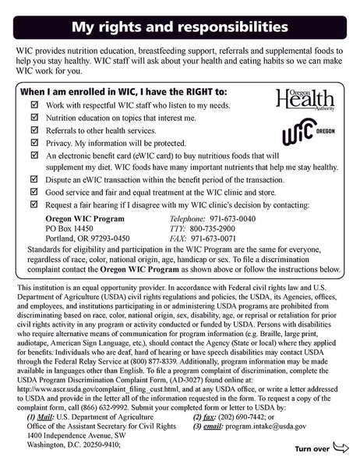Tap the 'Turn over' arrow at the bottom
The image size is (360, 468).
[322, 449]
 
